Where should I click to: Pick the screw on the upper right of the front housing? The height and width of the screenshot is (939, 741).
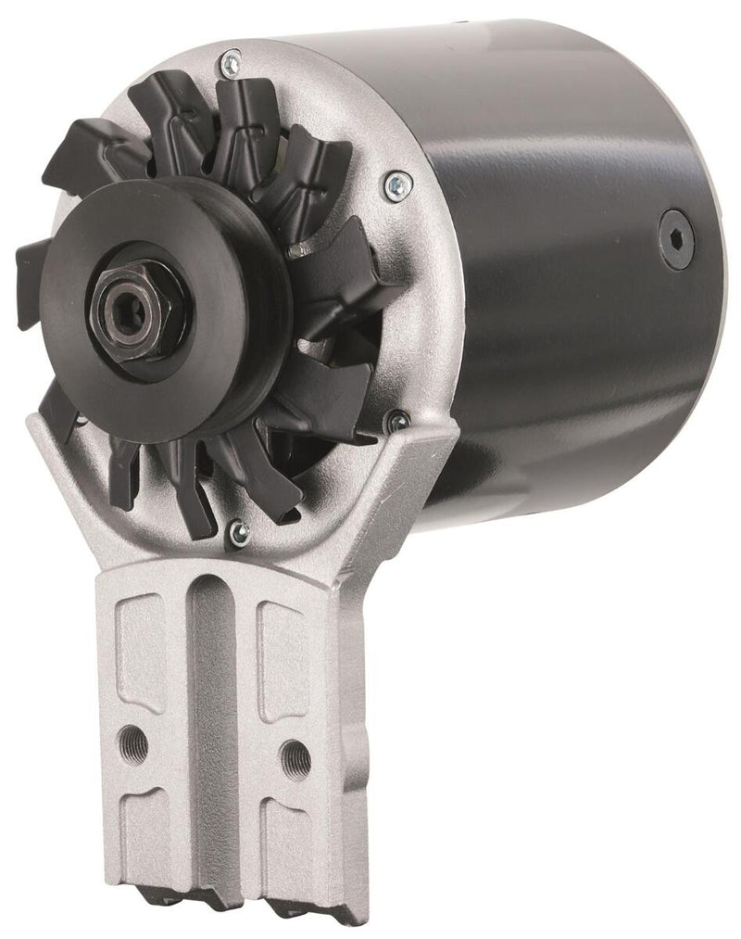[396, 182]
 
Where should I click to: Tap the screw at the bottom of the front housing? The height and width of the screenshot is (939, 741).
[240, 531]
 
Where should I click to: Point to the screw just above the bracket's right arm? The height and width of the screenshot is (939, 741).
[398, 421]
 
